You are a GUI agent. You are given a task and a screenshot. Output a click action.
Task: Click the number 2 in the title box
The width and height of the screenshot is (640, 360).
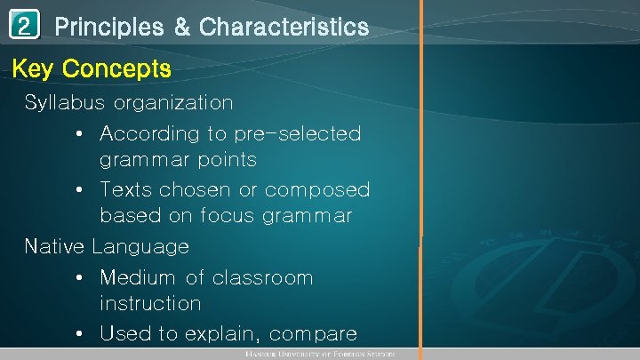(25, 28)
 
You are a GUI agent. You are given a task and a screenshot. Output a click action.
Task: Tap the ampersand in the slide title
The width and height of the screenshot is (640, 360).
(182, 28)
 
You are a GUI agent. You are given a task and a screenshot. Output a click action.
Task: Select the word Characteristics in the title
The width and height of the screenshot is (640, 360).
(284, 28)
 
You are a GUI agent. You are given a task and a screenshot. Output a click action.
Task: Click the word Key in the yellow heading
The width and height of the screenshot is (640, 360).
(35, 68)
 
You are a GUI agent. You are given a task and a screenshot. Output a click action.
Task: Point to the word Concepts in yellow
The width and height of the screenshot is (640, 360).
(117, 68)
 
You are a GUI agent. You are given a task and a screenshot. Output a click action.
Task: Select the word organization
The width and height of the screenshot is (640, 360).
(173, 102)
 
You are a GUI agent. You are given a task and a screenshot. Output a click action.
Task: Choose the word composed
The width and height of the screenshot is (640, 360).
(317, 190)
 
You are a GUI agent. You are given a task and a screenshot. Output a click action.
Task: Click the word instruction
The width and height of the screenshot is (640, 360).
(150, 303)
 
